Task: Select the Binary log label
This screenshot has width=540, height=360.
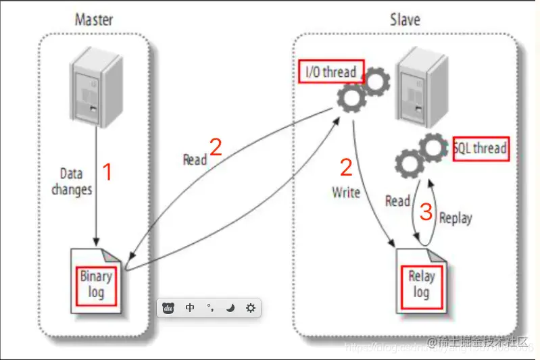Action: (96, 284)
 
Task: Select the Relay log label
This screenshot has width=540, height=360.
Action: (421, 284)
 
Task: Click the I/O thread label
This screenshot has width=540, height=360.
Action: (330, 72)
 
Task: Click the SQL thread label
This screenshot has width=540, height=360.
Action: (481, 148)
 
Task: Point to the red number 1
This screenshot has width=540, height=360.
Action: (106, 172)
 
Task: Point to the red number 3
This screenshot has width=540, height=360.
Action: (426, 213)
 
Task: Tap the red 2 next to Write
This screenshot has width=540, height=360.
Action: (346, 168)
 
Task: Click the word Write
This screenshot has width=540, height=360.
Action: (345, 192)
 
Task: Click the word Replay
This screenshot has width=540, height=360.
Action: (456, 217)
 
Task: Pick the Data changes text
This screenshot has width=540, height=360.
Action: (71, 182)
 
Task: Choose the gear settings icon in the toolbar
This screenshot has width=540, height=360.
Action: (251, 308)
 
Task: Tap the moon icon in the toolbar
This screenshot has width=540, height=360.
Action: (230, 308)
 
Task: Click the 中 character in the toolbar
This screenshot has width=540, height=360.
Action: (191, 308)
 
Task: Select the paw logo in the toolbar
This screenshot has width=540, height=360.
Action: (169, 308)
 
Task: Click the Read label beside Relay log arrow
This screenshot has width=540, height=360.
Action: (397, 201)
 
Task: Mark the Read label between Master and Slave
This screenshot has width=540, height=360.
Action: (195, 160)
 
